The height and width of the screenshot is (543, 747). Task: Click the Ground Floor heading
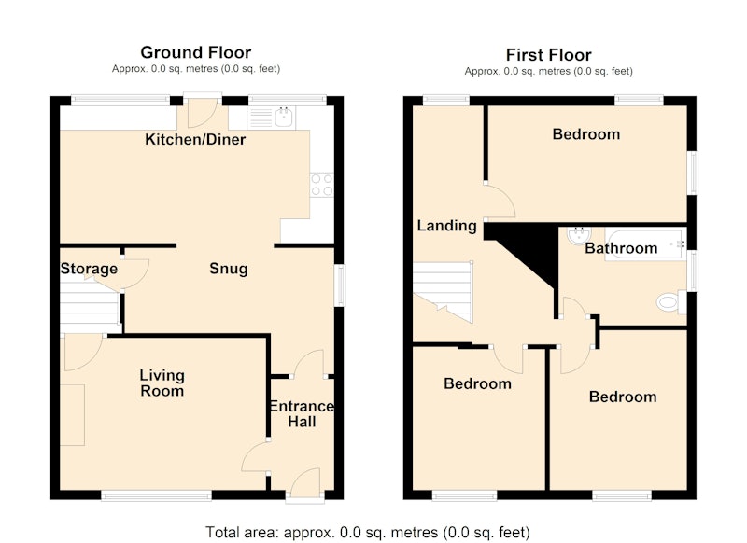click(x=196, y=52)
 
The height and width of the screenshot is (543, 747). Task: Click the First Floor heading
click(x=548, y=55)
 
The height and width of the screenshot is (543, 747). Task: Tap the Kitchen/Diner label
click(x=195, y=139)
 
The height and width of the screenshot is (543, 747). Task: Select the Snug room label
click(x=229, y=269)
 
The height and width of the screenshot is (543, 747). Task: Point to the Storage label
click(x=89, y=269)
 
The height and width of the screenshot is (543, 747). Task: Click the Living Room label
click(x=162, y=383)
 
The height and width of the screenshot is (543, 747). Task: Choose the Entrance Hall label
click(x=302, y=413)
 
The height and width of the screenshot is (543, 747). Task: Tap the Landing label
click(x=447, y=226)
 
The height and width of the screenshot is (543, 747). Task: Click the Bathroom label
click(x=621, y=248)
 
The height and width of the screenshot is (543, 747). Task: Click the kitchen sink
click(x=272, y=118)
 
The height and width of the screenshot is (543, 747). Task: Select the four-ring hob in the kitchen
click(x=321, y=185)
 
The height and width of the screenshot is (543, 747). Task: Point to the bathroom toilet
click(x=671, y=302)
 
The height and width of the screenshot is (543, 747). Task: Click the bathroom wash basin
click(x=579, y=235)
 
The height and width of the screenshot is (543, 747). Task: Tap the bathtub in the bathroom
click(x=645, y=244)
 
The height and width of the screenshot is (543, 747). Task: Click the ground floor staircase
click(x=89, y=308)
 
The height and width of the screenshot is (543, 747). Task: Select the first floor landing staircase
click(x=443, y=291)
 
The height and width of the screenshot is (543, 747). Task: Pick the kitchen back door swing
click(x=203, y=114)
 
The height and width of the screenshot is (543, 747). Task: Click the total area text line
click(x=367, y=532)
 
